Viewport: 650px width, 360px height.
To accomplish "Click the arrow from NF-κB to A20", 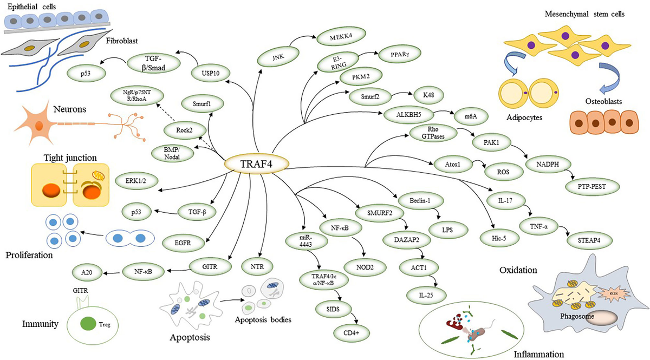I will click(114, 272).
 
